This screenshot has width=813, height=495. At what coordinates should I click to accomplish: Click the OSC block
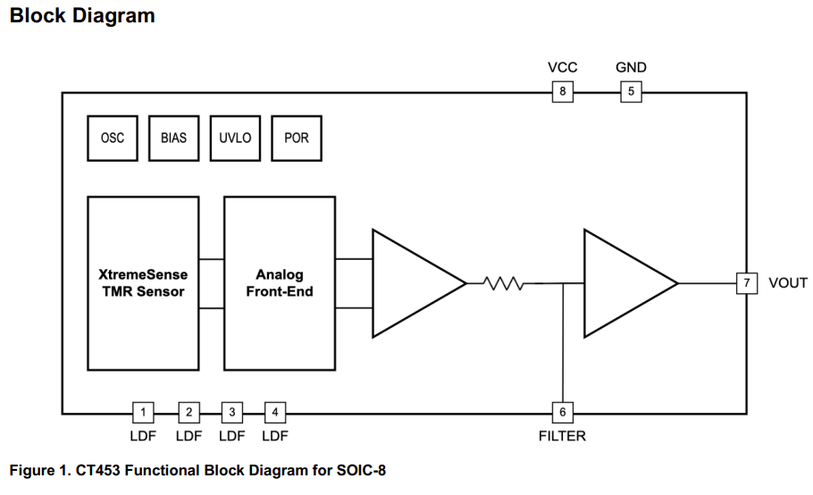coord(113,138)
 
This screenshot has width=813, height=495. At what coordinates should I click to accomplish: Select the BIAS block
coord(174,138)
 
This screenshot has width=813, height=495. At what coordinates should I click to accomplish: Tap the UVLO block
coord(235,138)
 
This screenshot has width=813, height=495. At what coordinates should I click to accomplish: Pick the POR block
coord(296,138)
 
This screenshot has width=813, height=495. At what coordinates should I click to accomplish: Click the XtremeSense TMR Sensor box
coord(143,283)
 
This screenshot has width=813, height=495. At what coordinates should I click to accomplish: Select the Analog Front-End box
coord(279,283)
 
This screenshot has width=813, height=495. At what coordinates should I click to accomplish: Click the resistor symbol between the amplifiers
coord(502,283)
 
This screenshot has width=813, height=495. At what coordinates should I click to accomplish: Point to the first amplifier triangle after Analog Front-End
coord(411,283)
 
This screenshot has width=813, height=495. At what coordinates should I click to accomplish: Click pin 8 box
coord(562,92)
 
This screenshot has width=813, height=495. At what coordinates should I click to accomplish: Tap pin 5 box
coord(631,92)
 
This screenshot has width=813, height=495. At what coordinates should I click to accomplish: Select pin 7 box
coord(746,283)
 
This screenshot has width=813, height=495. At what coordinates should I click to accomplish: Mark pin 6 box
coord(562,412)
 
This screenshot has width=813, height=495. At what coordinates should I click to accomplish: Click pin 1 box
coord(144,412)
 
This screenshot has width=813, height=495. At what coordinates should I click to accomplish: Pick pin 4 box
coord(275,412)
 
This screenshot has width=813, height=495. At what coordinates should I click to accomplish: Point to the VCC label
coord(562,68)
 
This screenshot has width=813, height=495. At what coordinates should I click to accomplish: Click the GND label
coord(631,68)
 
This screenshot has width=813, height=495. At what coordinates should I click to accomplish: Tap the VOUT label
coord(787,283)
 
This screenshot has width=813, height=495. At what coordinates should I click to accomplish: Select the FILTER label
coord(562,436)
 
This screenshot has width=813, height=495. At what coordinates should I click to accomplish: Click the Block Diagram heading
coord(81,15)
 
